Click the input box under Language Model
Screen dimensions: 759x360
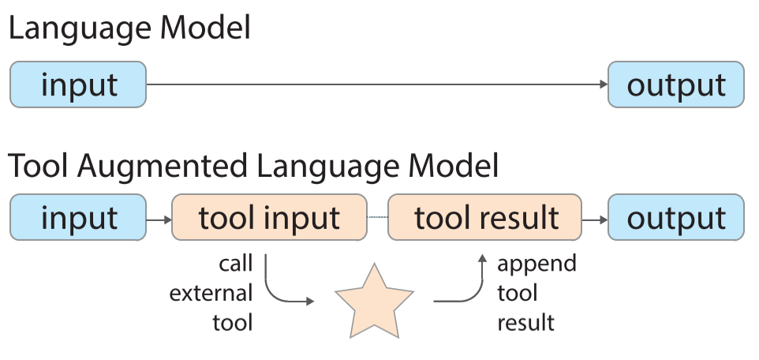click(78, 84)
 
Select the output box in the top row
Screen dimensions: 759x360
click(675, 84)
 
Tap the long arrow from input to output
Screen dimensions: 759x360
click(377, 84)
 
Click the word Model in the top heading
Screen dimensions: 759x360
click(205, 28)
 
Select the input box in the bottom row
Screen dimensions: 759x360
click(78, 217)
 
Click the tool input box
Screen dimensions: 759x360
click(270, 217)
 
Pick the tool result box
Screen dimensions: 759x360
click(485, 217)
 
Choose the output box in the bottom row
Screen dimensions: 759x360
click(675, 217)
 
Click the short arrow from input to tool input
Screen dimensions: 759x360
click(159, 220)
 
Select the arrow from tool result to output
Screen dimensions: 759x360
click(595, 220)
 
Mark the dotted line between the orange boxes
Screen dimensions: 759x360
click(378, 217)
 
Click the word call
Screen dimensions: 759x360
click(236, 264)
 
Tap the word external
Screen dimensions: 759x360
click(211, 294)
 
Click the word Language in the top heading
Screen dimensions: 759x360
click(80, 29)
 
